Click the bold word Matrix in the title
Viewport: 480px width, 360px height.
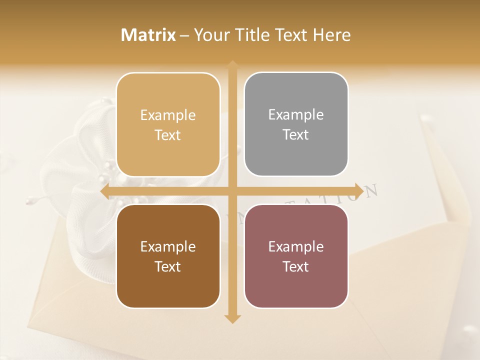148,35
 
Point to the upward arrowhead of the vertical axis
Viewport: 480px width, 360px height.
232,65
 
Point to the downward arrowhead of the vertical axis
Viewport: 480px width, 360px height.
232,318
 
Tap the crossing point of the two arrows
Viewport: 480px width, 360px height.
232,191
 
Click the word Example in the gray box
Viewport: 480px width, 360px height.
296,115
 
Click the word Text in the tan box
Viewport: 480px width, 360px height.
168,135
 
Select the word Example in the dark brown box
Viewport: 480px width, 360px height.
168,246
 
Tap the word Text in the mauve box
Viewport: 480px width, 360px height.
296,267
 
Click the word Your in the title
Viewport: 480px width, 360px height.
210,35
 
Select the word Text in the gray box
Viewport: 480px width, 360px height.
296,135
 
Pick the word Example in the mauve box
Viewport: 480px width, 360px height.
296,246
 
